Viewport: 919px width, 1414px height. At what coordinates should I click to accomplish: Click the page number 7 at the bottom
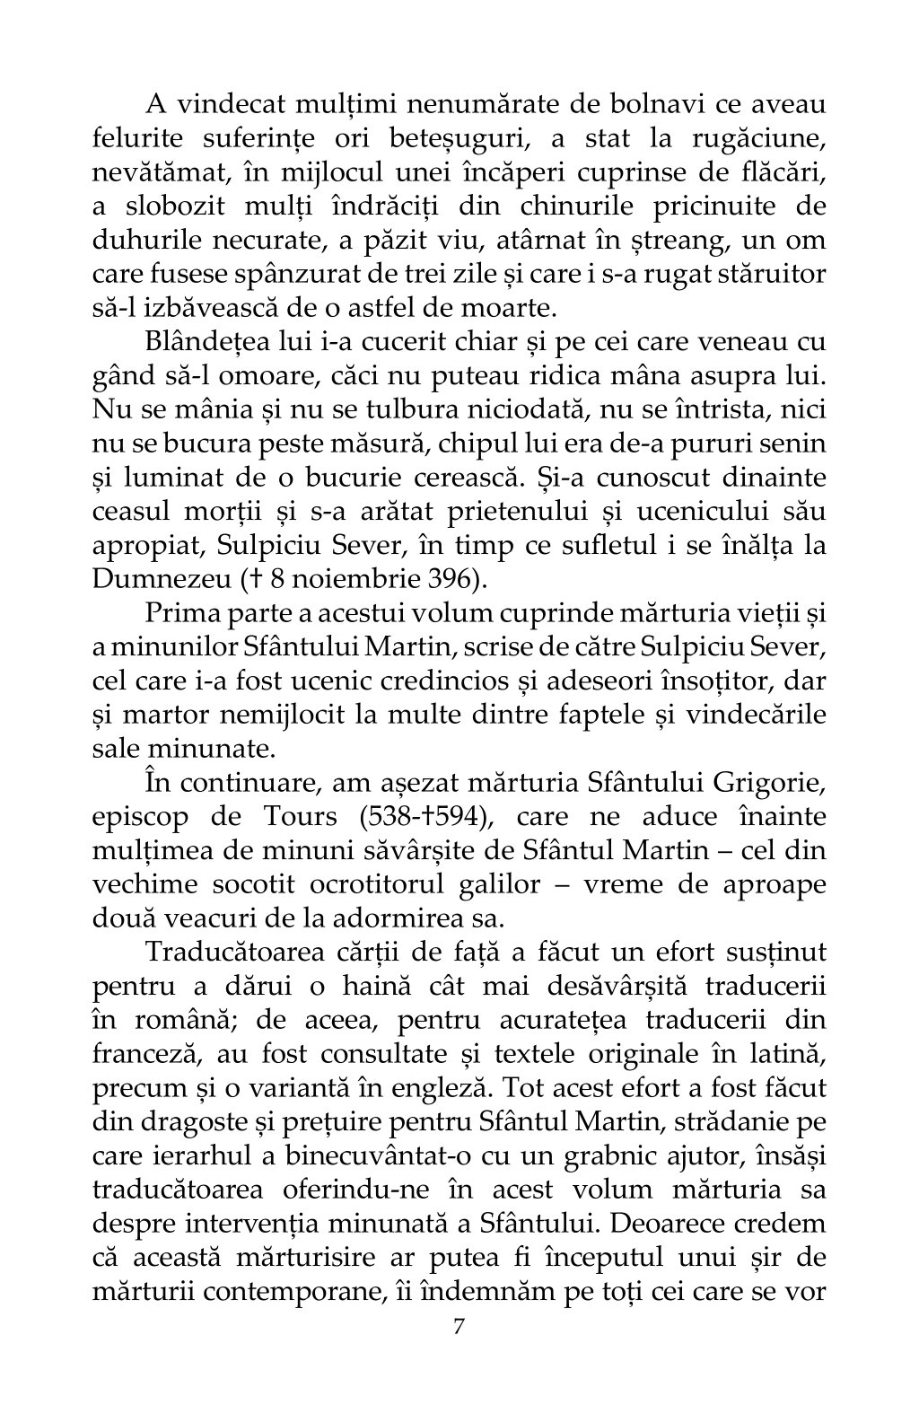tap(459, 1326)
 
